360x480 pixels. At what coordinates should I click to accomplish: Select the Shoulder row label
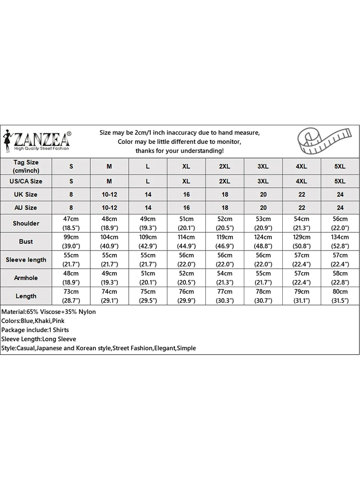[26, 223]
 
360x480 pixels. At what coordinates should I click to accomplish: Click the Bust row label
[26, 241]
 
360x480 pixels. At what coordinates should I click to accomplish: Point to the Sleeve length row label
[26, 260]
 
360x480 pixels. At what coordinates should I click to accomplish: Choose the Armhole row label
[26, 278]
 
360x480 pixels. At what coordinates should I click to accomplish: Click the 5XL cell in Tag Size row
[340, 166]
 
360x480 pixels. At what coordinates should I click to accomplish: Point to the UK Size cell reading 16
[186, 194]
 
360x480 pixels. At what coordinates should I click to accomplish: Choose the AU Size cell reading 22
[301, 208]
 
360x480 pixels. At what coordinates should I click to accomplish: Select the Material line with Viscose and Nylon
[48, 312]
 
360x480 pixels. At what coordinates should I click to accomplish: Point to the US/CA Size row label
[26, 181]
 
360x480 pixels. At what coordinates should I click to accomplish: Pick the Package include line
[35, 330]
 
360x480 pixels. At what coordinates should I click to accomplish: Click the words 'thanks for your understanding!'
[180, 151]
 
